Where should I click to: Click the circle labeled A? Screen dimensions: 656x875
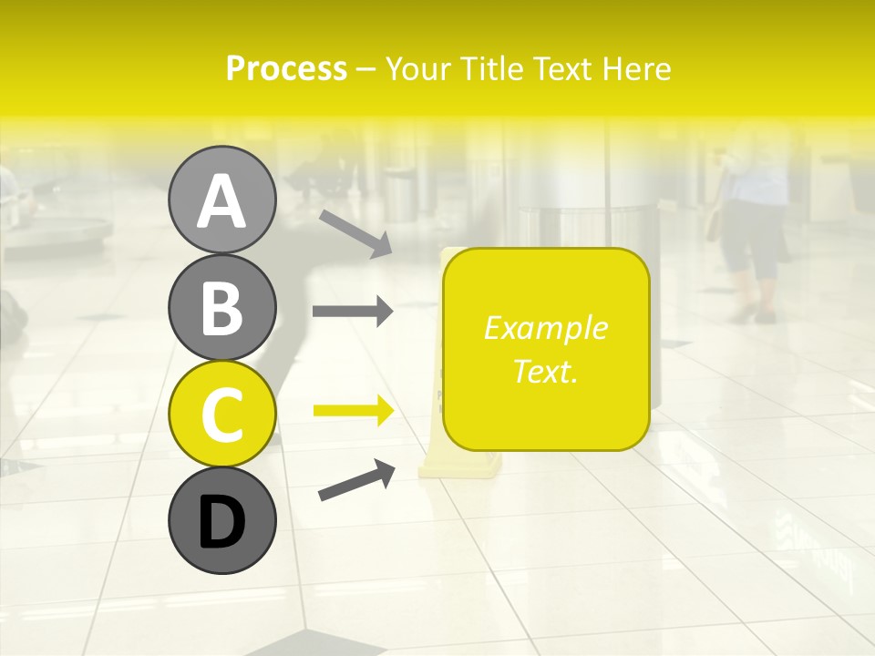[221, 200]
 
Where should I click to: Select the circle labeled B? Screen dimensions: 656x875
[221, 307]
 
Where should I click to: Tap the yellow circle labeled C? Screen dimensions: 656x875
[221, 414]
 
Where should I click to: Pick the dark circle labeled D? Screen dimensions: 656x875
[221, 520]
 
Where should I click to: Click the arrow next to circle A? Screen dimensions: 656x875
[356, 233]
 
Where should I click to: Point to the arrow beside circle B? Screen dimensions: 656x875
[353, 312]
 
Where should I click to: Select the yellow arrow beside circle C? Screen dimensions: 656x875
[354, 412]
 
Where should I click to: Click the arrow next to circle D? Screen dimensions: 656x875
[356, 480]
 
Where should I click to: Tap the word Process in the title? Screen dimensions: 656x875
[286, 68]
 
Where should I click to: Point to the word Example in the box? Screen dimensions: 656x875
[545, 328]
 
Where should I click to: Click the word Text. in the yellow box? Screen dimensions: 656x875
[545, 371]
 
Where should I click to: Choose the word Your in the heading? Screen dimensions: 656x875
[419, 68]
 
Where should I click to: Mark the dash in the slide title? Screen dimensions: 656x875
[366, 69]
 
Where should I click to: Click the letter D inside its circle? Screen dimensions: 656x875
[221, 522]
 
